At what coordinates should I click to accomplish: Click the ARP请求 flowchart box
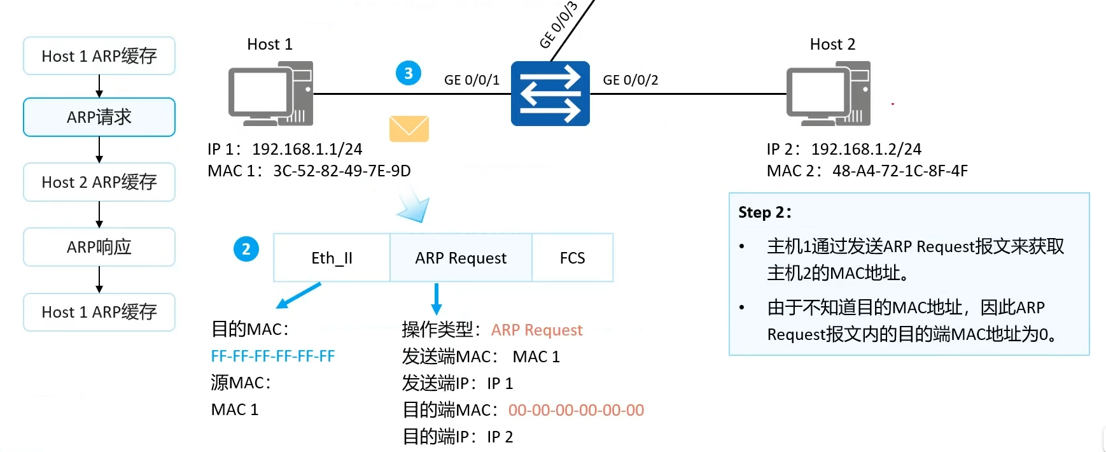(99, 117)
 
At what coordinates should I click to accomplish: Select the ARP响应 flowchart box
(99, 247)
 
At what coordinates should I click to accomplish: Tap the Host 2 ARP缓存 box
(99, 182)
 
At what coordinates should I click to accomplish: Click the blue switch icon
(550, 94)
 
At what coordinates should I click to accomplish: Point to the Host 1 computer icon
(270, 94)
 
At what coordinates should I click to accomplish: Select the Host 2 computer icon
(829, 94)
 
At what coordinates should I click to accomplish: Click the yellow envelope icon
(409, 129)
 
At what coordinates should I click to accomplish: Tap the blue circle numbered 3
(409, 73)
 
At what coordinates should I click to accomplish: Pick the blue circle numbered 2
(246, 249)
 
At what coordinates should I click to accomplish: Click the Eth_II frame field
(332, 258)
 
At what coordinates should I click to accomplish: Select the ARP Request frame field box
(461, 258)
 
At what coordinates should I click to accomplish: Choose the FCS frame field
(572, 258)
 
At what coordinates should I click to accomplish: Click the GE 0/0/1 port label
(472, 80)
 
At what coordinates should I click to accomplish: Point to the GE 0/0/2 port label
(631, 80)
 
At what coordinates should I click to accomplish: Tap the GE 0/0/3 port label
(559, 25)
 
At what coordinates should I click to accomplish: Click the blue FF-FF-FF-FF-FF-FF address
(273, 357)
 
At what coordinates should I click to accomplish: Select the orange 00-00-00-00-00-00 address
(577, 410)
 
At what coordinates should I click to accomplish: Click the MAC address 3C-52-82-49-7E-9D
(342, 171)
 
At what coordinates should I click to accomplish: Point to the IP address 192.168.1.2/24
(866, 149)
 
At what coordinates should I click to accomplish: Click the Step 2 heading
(765, 213)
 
